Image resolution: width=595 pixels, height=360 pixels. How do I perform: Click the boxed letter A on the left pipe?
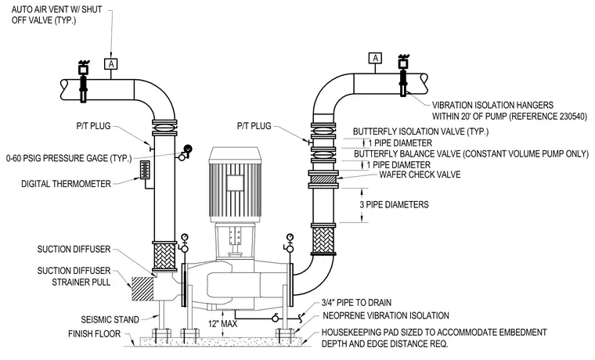click(111, 64)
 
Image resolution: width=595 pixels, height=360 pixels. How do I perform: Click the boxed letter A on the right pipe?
click(375, 58)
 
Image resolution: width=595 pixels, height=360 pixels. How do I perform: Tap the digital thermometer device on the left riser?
click(145, 170)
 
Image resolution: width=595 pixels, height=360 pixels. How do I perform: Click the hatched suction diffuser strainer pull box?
click(142, 289)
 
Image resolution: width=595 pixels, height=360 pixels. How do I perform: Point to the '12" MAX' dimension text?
click(222, 323)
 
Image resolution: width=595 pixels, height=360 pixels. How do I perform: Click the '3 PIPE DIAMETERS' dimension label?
click(395, 205)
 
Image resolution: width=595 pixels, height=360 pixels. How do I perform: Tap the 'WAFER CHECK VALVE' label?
click(420, 175)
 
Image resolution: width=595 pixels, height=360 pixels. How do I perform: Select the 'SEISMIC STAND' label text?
click(110, 320)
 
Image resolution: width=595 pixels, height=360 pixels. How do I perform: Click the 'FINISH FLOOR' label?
click(95, 334)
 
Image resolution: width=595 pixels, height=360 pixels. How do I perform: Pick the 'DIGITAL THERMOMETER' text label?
click(66, 184)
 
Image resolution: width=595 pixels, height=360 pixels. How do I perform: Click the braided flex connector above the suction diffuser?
click(164, 257)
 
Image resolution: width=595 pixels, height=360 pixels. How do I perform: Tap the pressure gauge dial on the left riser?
click(188, 149)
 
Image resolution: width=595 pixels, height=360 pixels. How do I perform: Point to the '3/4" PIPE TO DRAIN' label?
click(356, 303)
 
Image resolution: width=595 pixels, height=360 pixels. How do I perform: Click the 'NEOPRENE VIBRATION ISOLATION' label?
click(386, 315)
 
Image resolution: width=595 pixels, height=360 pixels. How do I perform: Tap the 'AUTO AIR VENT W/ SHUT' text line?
click(56, 9)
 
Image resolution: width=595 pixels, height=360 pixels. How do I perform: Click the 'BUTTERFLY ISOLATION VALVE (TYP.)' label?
click(421, 131)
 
